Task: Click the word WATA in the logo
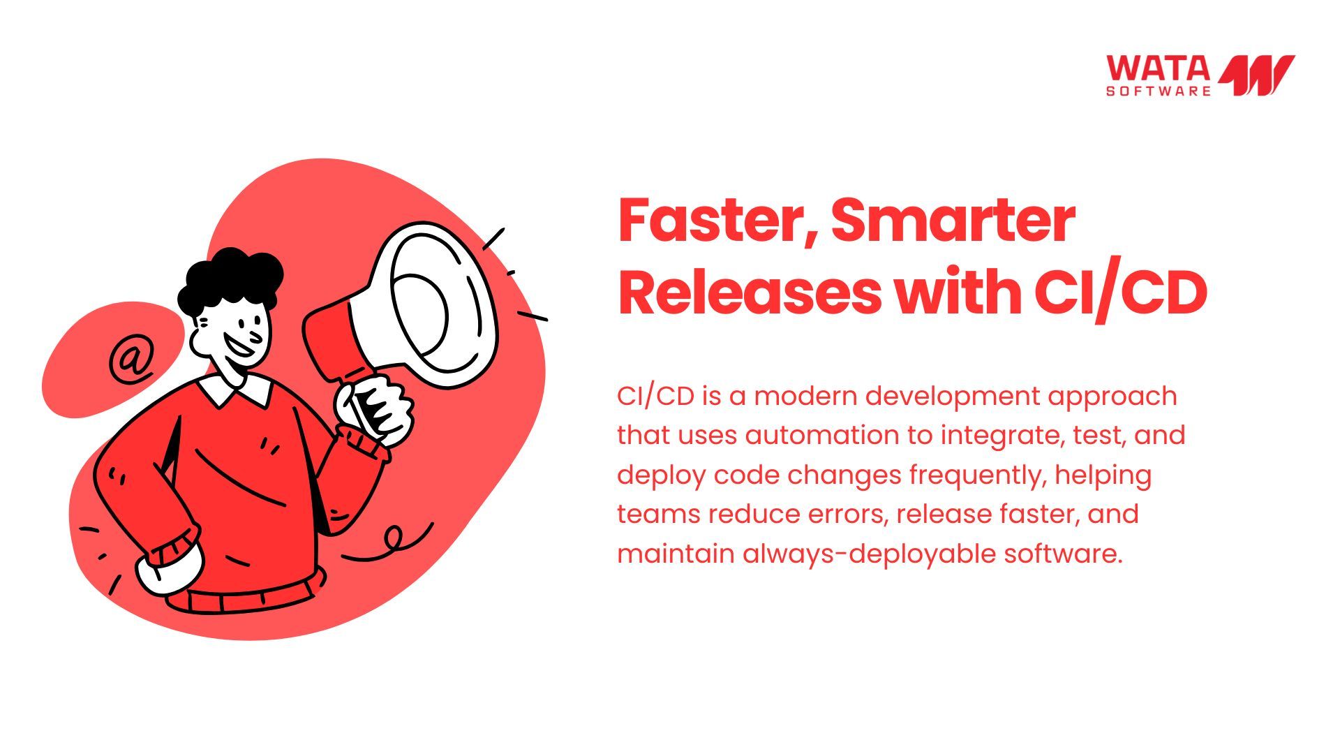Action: pyautogui.click(x=1158, y=68)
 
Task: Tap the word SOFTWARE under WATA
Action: pyautogui.click(x=1159, y=91)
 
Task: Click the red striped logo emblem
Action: pyautogui.click(x=1256, y=75)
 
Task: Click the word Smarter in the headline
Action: pyautogui.click(x=953, y=220)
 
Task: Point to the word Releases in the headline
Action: pyautogui.click(x=750, y=293)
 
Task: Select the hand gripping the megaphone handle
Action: pyautogui.click(x=373, y=408)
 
